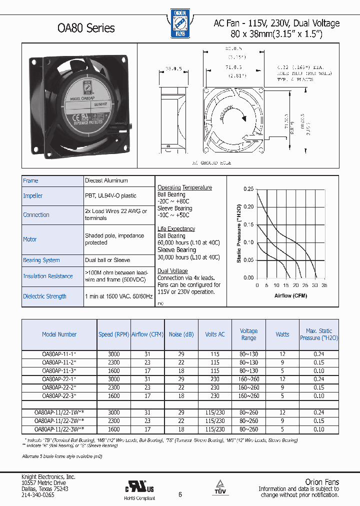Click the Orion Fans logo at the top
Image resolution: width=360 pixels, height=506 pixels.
(x=178, y=23)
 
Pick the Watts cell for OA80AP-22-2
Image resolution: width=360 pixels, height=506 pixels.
(x=282, y=387)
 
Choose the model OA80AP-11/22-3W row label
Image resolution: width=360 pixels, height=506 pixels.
(x=59, y=429)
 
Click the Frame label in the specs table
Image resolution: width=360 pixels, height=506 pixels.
(x=30, y=180)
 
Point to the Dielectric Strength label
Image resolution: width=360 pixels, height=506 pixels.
(x=44, y=296)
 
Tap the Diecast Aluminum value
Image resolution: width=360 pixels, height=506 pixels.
(x=106, y=180)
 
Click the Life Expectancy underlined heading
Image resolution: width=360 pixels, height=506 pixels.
(x=176, y=229)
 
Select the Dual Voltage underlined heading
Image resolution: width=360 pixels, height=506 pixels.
(x=173, y=270)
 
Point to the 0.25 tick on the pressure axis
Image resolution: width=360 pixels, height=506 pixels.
(x=248, y=189)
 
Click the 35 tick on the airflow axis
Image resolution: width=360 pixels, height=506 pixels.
(x=324, y=285)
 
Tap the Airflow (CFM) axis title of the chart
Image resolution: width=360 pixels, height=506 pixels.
(x=290, y=295)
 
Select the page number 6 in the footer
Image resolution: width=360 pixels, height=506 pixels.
(x=180, y=494)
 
